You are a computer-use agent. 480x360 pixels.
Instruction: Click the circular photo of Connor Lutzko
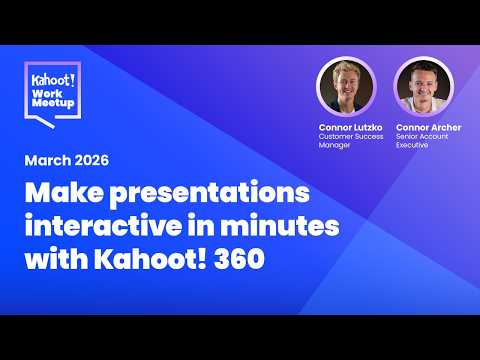pos(345,85)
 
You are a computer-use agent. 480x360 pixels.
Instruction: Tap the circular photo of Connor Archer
pos(421,85)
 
